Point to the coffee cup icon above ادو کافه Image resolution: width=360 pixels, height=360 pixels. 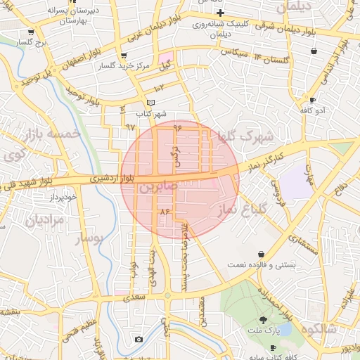[x=313, y=100]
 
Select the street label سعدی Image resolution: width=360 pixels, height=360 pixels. [x=134, y=297]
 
